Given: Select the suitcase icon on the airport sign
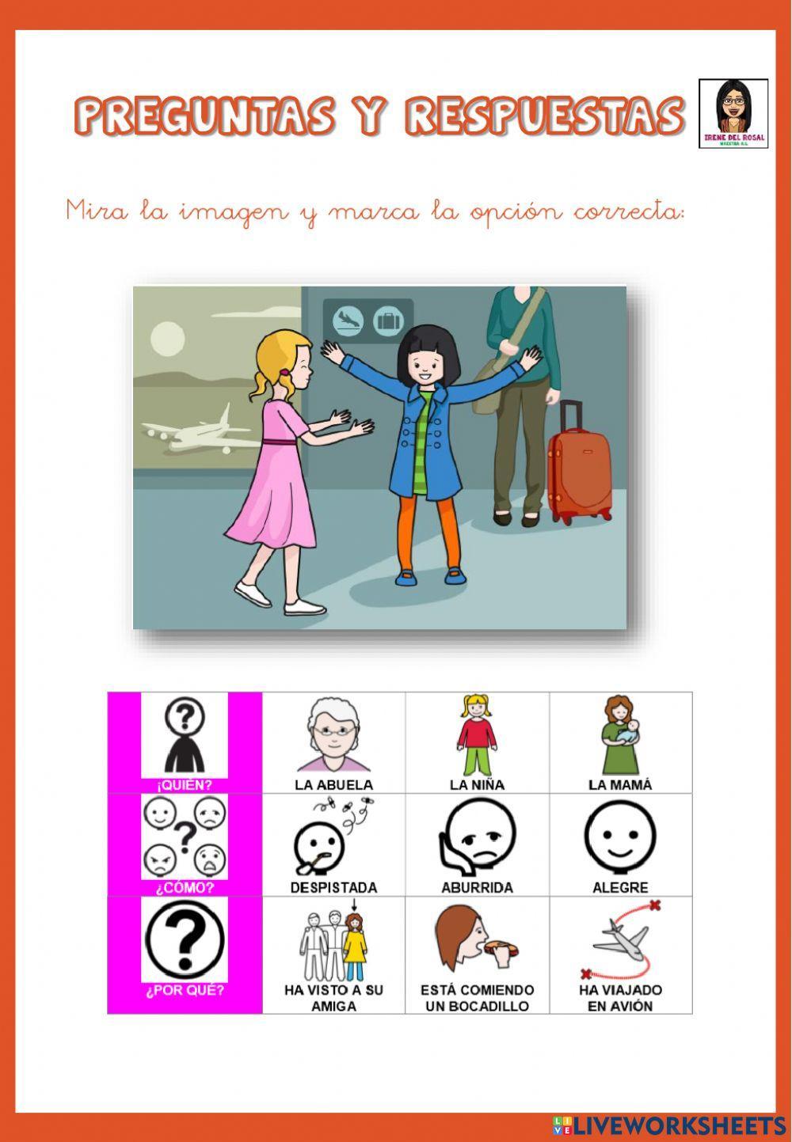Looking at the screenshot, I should [388, 320].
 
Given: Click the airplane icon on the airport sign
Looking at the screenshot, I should [348, 320].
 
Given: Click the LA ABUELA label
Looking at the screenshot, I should [333, 785].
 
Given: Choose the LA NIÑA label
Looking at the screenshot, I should [477, 785].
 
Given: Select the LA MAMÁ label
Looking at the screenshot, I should [620, 785].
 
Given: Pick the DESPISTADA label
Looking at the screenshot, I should [333, 888].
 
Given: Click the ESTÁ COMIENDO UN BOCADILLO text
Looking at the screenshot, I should [477, 998].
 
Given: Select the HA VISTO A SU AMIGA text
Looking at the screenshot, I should [333, 998].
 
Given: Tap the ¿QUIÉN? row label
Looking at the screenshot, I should [185, 786].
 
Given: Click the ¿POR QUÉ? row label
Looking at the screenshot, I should [185, 990].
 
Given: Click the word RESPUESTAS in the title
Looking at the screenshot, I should [545, 116].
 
